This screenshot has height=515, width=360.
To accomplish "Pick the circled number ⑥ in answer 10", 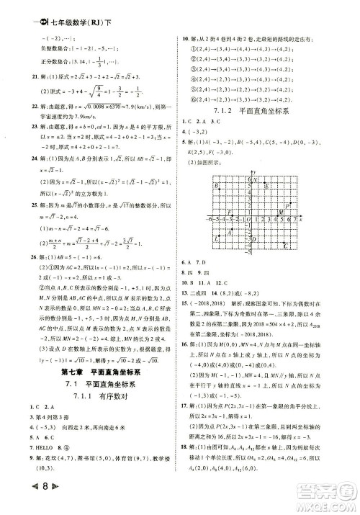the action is coord(194,98).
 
